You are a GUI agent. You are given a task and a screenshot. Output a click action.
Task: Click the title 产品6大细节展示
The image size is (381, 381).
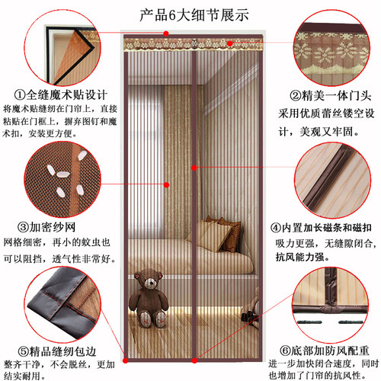point(190,13)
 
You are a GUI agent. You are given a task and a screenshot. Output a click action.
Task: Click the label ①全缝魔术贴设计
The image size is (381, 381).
point(65,96)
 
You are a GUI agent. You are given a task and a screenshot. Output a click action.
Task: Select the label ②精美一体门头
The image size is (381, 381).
point(319,96)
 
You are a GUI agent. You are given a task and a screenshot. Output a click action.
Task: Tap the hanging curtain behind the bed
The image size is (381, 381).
point(171,152)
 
